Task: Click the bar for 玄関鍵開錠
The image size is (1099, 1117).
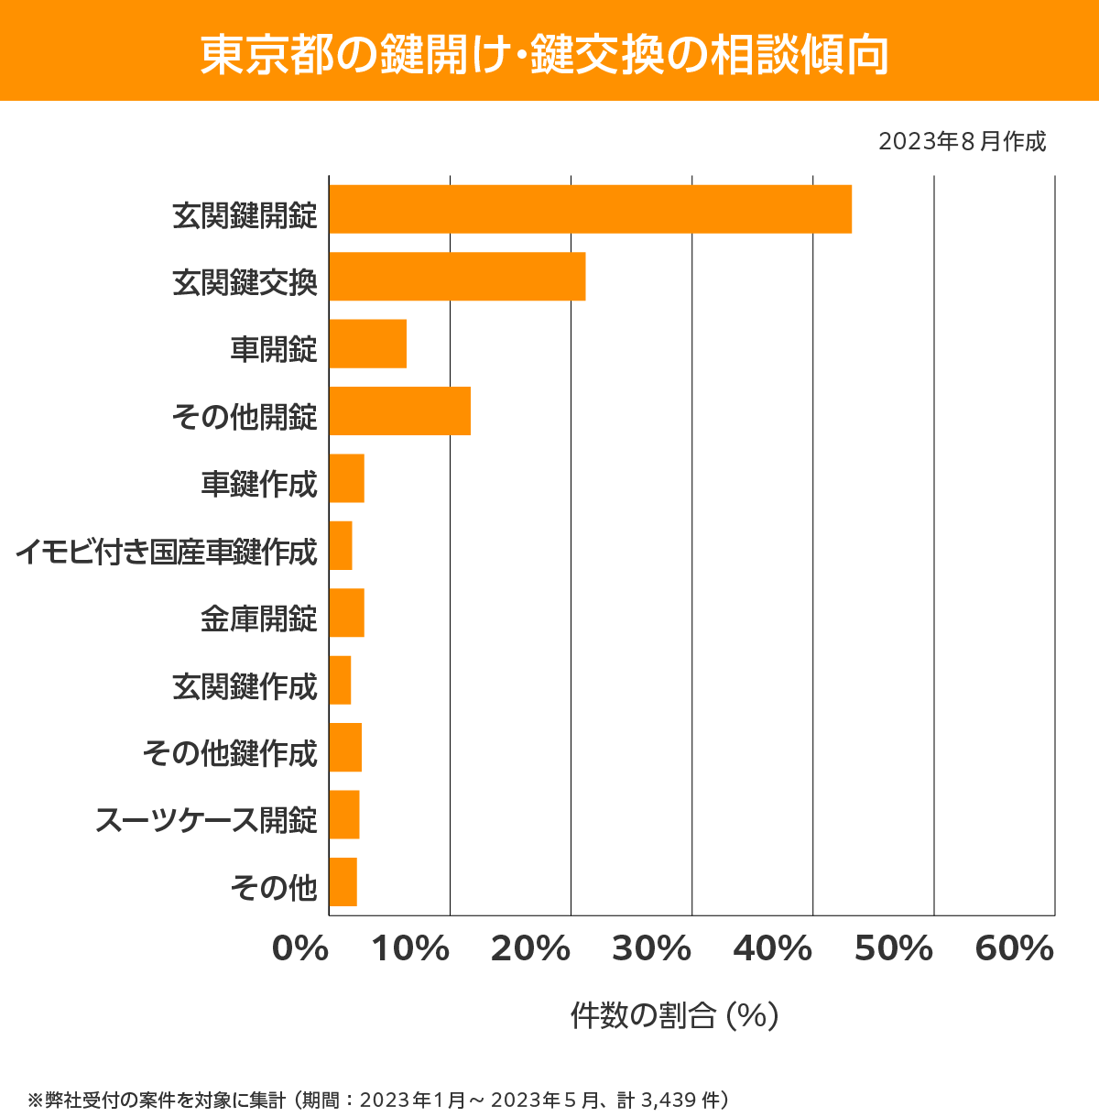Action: pos(590,209)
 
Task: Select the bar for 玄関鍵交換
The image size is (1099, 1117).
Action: pos(457,276)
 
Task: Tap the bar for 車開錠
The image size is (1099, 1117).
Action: pos(367,344)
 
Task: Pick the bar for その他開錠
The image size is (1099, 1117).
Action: pos(399,411)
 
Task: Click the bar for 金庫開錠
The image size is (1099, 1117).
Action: pos(346,613)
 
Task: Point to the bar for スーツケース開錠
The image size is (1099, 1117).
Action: pos(343,815)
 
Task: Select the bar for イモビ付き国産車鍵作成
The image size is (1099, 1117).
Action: pos(340,545)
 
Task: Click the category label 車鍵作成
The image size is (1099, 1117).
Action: pos(259,484)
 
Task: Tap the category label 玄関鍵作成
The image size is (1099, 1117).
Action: pos(245,686)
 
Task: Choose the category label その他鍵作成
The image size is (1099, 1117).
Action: pos(230,753)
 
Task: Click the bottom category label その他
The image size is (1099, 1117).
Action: pos(274,887)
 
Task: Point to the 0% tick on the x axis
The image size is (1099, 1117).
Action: pos(300,949)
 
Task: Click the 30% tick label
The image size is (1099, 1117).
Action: pos(651,949)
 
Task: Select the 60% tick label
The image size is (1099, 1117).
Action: pos(1015,949)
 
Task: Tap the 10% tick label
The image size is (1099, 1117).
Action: pos(410,949)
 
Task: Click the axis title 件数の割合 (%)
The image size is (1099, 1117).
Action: pos(674,1015)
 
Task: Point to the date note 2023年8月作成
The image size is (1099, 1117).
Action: pos(962,142)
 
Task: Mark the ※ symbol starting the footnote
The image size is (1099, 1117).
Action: pos(36,1100)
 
